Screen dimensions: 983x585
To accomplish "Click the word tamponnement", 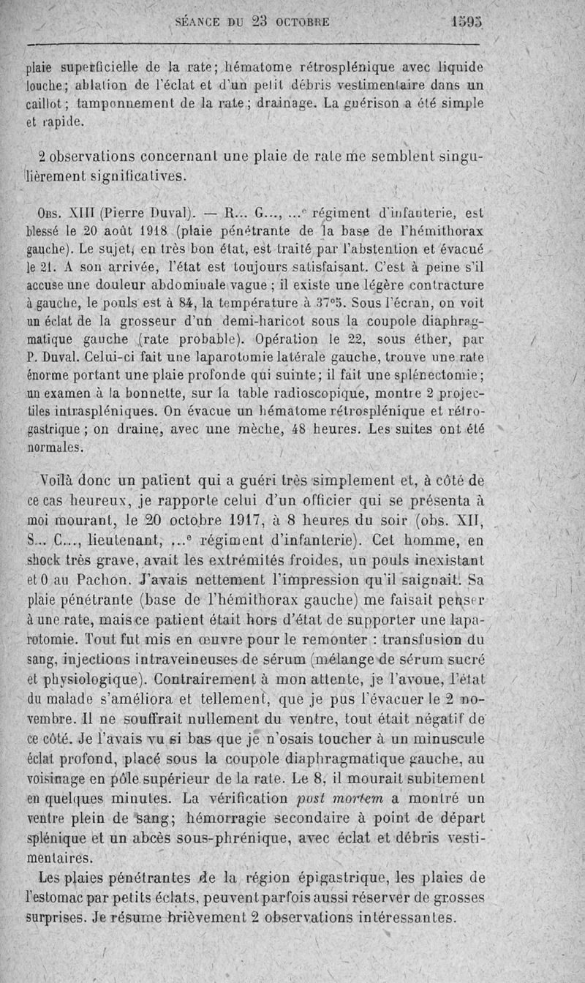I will coord(125,104).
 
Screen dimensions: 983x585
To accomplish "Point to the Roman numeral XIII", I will coord(79,214).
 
